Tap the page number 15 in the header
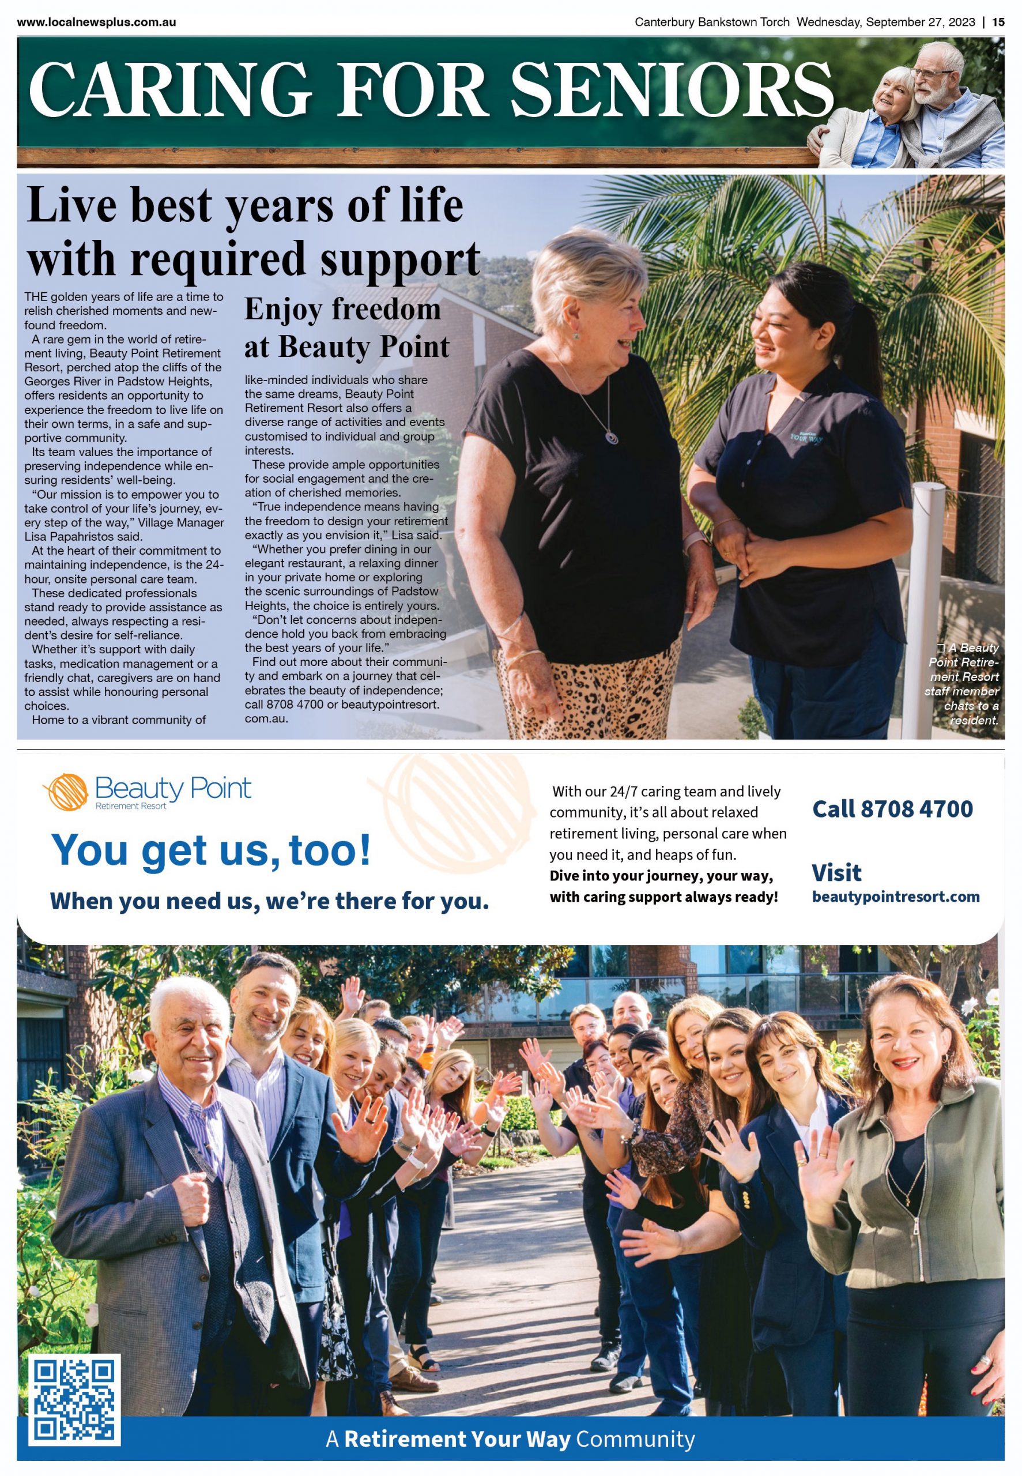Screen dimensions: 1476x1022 pos(998,22)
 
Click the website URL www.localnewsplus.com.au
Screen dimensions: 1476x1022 pos(97,22)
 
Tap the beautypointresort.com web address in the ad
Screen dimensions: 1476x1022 pos(895,897)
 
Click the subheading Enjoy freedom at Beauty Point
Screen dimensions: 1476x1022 pos(346,327)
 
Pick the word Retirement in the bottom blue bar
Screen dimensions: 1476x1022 pos(404,1440)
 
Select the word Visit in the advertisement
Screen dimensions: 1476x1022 pos(836,873)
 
